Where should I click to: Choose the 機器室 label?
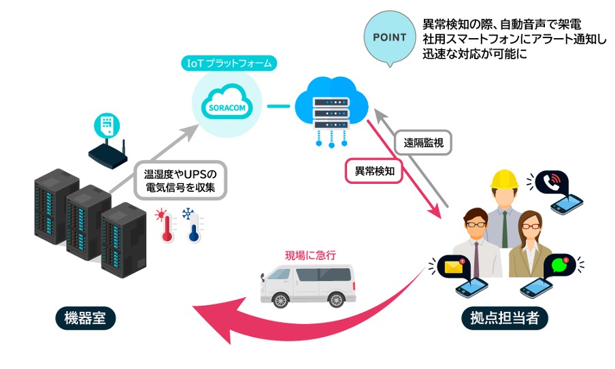click(86, 318)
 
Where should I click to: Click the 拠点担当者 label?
click(500, 318)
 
